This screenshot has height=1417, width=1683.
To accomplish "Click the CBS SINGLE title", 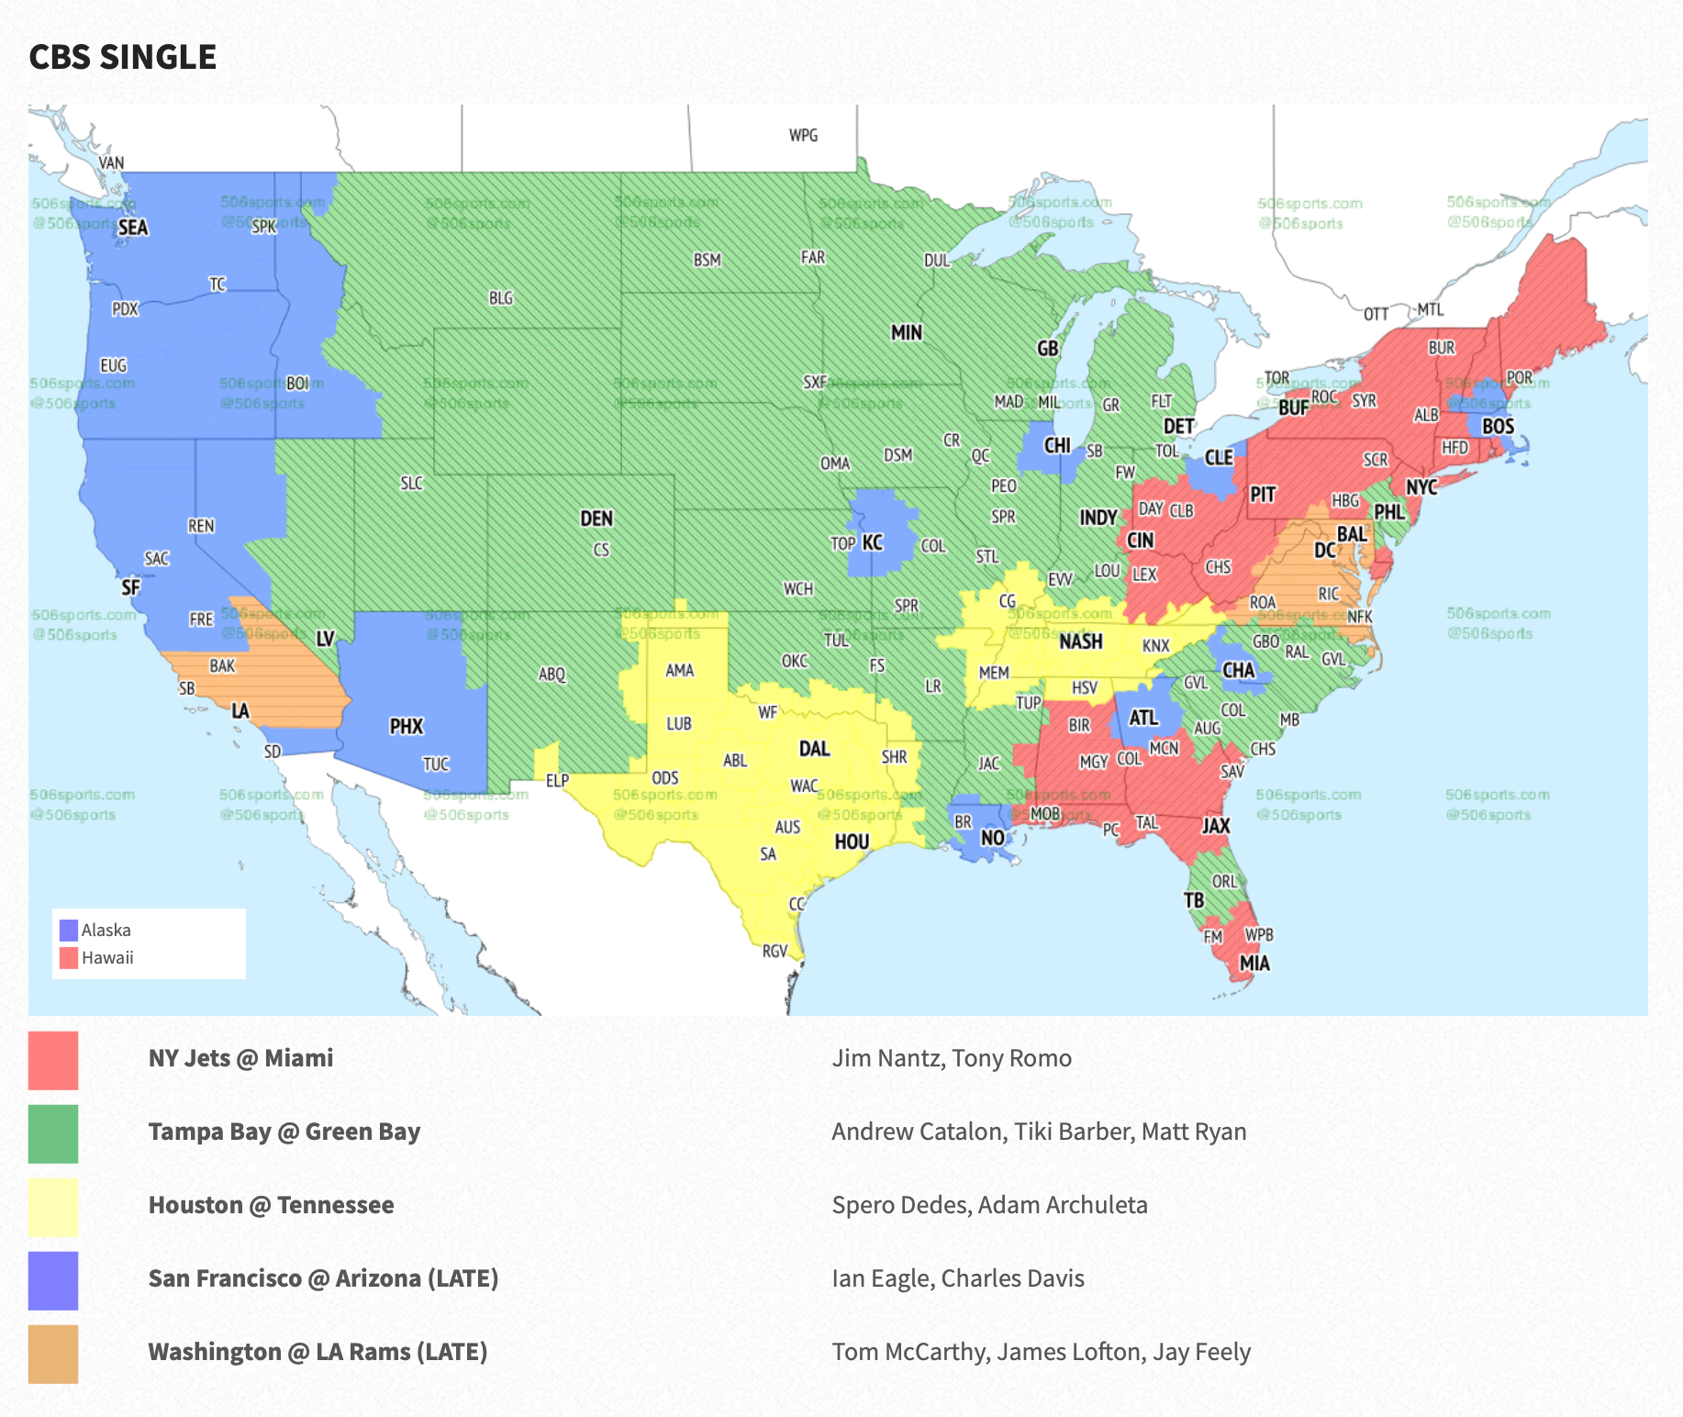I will click(122, 57).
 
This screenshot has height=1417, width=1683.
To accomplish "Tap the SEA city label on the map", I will click(132, 228).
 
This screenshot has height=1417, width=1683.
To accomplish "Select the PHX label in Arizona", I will click(406, 727).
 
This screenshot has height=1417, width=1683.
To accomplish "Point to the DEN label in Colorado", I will click(596, 519).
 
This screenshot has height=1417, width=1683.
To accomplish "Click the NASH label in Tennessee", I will click(1080, 642).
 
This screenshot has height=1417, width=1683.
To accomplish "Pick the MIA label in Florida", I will click(1254, 963).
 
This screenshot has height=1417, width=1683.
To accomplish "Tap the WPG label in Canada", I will click(803, 136).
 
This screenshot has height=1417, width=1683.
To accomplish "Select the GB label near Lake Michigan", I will click(1047, 349).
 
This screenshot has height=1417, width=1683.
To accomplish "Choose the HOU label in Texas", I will click(851, 842).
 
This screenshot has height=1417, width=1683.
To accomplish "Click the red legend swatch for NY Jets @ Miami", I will click(53, 1060).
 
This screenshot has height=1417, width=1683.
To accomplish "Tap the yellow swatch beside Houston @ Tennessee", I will click(53, 1207).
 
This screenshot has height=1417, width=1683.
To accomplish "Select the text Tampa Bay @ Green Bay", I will click(284, 1132).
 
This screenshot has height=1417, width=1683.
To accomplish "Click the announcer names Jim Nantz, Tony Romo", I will click(951, 1058).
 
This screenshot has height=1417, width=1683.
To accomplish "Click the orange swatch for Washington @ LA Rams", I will click(53, 1354).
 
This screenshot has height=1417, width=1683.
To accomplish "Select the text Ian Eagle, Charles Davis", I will click(957, 1278).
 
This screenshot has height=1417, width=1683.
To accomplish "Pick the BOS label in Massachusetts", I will click(1498, 427).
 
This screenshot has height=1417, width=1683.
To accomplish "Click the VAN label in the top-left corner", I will click(111, 163).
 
